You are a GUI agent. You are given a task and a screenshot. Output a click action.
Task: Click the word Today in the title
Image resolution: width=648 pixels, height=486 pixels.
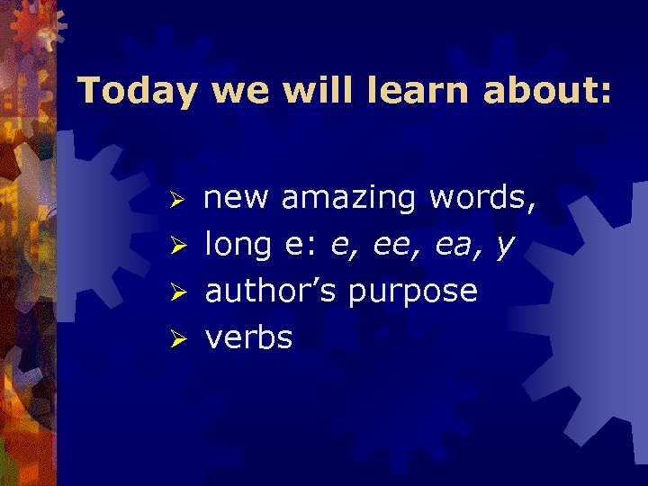click(x=135, y=92)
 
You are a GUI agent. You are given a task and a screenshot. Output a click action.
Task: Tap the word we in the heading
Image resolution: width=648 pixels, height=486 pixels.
click(x=236, y=92)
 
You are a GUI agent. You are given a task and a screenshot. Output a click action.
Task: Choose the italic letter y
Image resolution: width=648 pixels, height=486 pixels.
click(x=505, y=247)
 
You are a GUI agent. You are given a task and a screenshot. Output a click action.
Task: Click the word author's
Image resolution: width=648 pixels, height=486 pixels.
click(x=271, y=292)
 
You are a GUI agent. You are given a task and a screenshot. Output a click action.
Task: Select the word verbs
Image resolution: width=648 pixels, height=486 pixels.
click(x=249, y=338)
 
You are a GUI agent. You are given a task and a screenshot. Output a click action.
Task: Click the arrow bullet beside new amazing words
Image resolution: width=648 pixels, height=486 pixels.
click(x=178, y=199)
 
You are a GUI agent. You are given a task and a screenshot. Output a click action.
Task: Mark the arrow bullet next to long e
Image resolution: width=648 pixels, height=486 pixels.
click(x=178, y=246)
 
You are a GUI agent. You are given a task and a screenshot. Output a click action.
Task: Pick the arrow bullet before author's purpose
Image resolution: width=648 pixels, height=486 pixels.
click(x=178, y=292)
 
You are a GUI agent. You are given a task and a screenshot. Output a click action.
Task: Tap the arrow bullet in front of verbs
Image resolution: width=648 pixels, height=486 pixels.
click(x=178, y=339)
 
